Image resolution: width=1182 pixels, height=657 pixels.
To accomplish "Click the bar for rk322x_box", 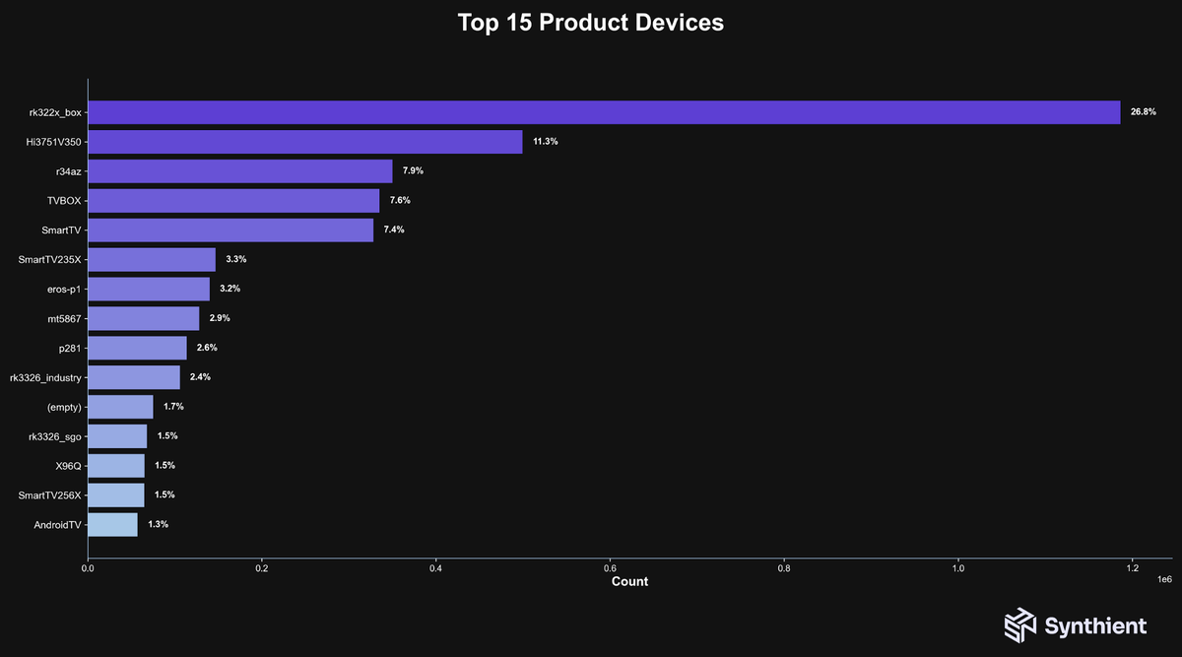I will click(604, 112).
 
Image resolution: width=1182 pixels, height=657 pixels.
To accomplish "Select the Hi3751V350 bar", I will click(305, 142).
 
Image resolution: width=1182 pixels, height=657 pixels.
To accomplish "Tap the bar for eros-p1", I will click(149, 289).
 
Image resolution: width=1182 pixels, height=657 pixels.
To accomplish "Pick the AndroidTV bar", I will click(112, 525).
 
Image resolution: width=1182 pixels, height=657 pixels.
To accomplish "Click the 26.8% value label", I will click(1143, 112).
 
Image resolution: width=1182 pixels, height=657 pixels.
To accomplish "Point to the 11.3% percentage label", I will click(546, 142).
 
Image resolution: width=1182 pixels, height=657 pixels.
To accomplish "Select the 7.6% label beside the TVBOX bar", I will click(400, 200).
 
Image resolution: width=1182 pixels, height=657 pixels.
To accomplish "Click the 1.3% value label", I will click(158, 525).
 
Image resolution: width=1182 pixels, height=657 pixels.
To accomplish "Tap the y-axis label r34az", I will click(68, 171).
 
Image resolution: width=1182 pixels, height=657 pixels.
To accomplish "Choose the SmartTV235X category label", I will click(50, 259).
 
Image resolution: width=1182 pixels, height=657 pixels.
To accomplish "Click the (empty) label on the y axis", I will click(63, 407).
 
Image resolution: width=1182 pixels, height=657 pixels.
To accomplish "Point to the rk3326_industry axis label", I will click(45, 377).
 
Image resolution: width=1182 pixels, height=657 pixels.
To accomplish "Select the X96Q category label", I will click(69, 466).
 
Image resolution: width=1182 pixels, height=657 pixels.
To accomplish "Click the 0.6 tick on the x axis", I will click(610, 567).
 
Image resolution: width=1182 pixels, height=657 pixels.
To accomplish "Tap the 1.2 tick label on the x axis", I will click(1132, 567).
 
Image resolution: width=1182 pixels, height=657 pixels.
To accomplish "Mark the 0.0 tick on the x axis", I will click(88, 567).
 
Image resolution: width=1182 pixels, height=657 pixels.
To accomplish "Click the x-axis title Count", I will click(629, 582).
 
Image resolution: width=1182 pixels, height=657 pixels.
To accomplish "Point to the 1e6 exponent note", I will click(1163, 579).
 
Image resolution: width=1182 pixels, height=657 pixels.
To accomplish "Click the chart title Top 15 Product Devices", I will click(591, 23).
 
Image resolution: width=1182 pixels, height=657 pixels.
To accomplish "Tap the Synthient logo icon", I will click(1020, 625).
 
